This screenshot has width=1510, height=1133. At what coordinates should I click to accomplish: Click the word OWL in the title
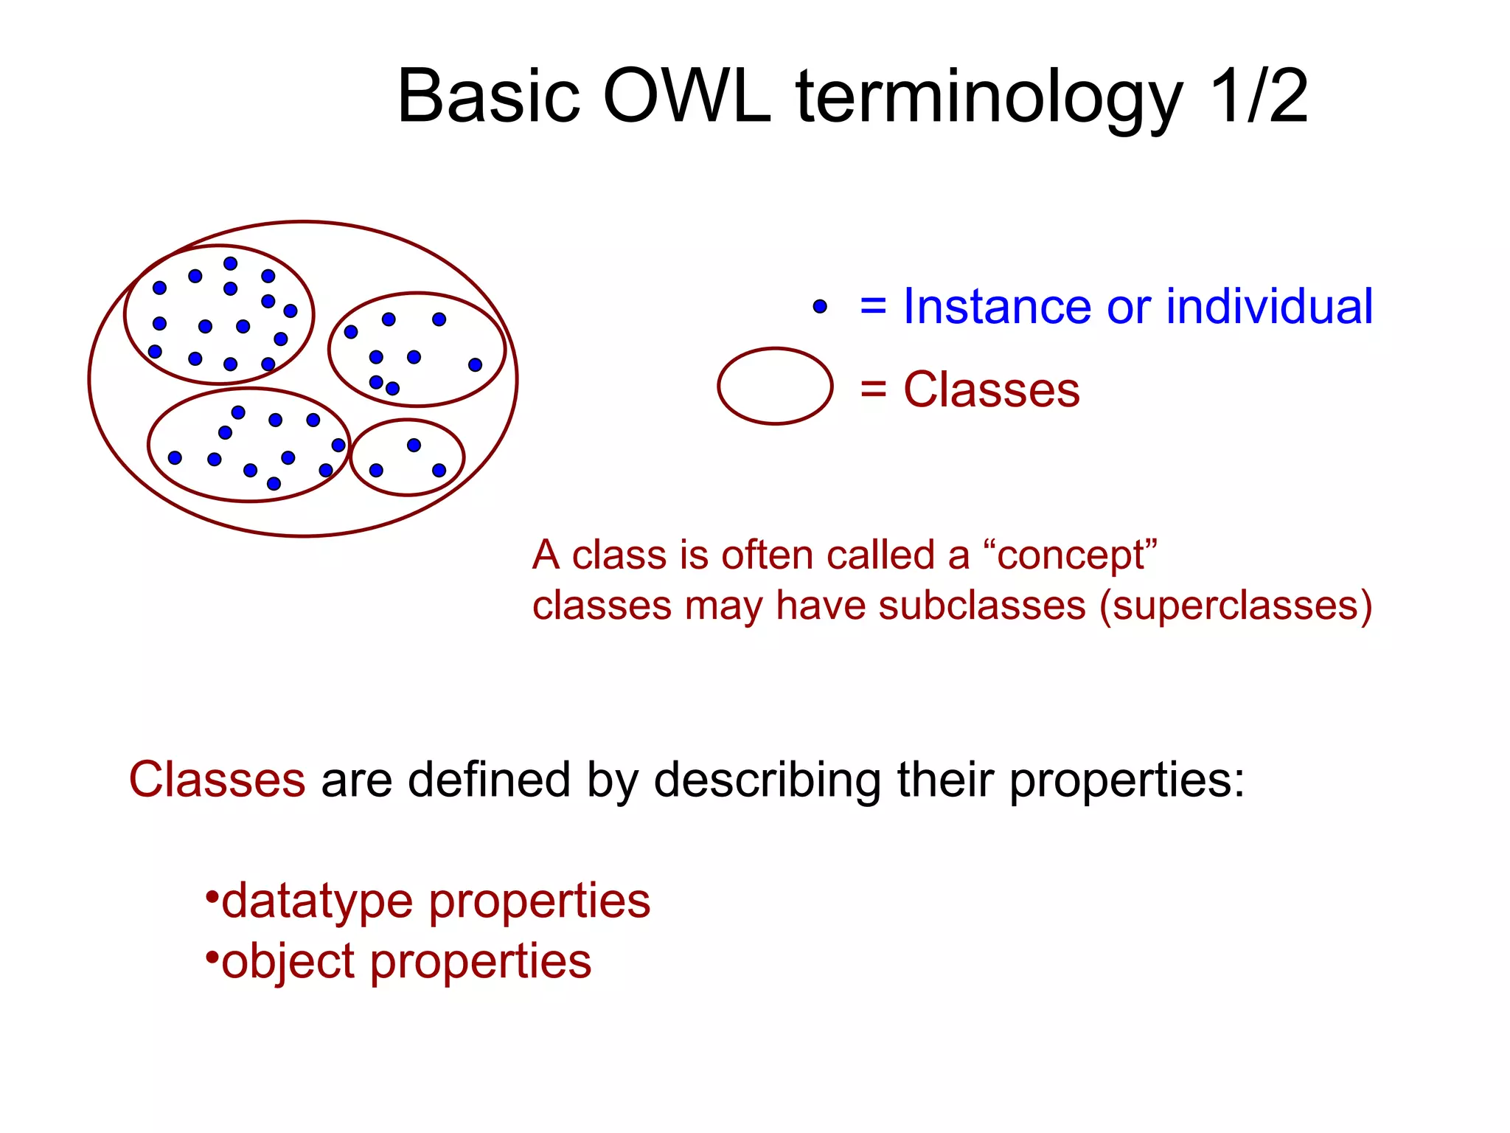click(686, 97)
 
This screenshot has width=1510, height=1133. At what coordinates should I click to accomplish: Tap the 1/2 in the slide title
click(1258, 97)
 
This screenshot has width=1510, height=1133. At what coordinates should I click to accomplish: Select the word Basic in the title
click(488, 97)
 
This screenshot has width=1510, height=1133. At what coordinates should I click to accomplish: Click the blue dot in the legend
click(820, 306)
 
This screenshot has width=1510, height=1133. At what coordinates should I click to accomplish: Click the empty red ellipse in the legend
click(775, 387)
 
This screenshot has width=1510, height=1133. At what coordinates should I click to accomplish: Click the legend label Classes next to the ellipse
click(991, 389)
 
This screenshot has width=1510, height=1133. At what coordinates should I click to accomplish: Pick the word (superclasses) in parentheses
click(1236, 606)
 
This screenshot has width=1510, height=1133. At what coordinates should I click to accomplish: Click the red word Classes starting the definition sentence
click(217, 780)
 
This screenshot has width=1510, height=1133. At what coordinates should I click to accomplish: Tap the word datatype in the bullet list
click(317, 901)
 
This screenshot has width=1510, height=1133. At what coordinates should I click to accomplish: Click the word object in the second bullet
click(288, 962)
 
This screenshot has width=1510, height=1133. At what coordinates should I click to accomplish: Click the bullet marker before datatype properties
click(212, 897)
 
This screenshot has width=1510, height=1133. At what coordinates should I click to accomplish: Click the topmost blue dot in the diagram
click(230, 263)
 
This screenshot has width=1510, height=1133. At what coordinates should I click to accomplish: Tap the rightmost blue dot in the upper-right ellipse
click(475, 364)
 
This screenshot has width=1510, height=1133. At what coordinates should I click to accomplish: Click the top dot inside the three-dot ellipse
click(414, 445)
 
